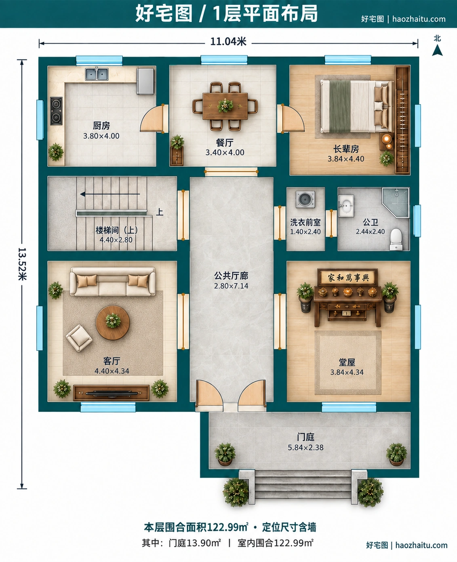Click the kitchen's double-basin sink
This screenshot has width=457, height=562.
[97, 74]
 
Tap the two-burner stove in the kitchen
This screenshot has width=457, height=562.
[57, 111]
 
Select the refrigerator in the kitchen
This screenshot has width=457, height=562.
[145, 81]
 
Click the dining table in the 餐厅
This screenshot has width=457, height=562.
[225, 106]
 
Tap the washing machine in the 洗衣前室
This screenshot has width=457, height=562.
[305, 199]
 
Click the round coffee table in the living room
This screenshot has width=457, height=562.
[113, 322]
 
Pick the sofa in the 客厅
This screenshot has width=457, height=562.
[113, 282]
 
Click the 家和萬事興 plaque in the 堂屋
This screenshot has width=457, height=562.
[347, 277]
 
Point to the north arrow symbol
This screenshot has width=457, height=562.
[437, 50]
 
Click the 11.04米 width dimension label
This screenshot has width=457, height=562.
[228, 42]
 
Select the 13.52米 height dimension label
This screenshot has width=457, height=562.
[22, 264]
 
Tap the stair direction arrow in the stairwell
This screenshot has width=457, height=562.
[110, 194]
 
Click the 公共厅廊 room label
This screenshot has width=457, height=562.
[231, 276]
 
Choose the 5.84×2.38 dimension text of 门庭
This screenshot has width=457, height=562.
[305, 448]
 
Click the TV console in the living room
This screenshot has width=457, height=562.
[111, 393]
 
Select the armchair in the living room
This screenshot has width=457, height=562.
[79, 338]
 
